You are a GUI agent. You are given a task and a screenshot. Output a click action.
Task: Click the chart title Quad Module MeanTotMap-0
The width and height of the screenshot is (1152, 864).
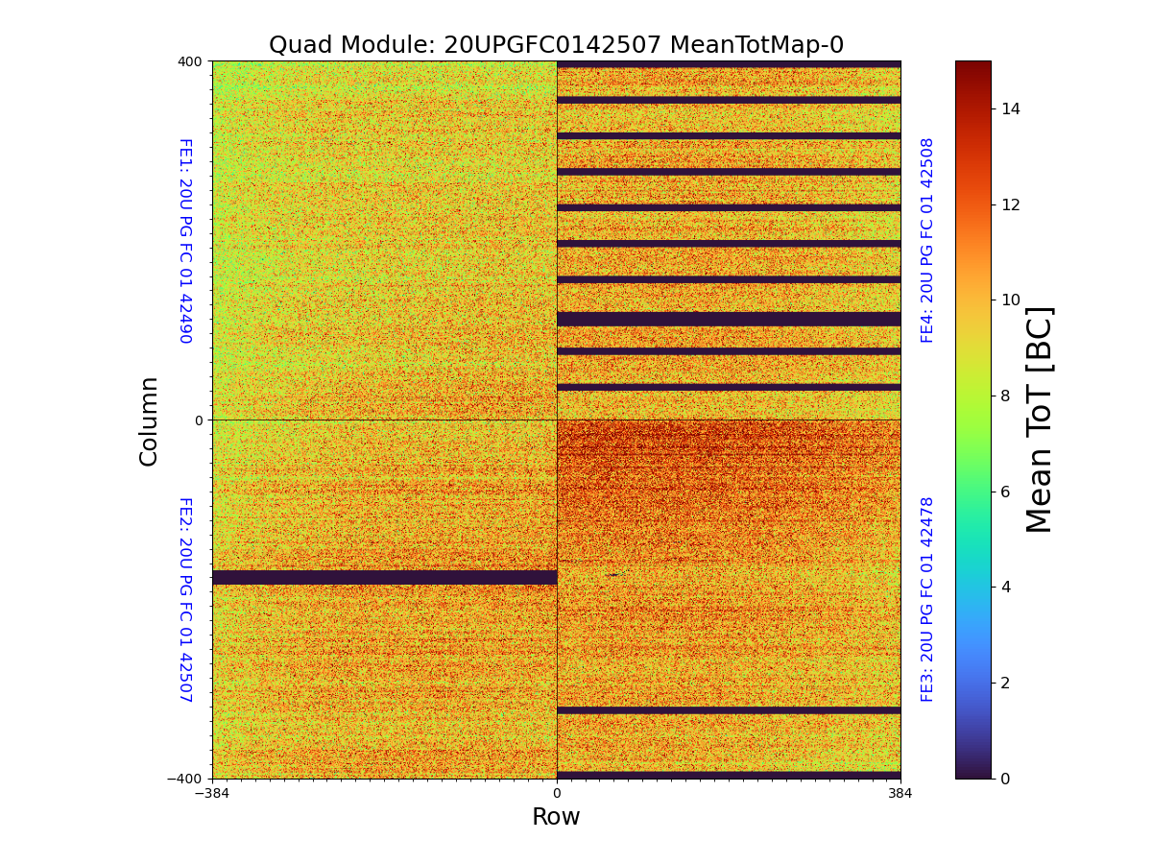tap(556, 45)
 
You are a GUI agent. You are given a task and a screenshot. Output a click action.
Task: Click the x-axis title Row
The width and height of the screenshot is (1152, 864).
tap(556, 817)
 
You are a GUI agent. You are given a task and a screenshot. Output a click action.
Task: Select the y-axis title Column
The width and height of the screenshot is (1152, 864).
tap(149, 420)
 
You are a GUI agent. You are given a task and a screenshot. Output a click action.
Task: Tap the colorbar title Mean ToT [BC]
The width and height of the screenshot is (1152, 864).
tap(1040, 420)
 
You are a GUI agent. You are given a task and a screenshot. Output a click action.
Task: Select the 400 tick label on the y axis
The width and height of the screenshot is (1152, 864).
tap(190, 61)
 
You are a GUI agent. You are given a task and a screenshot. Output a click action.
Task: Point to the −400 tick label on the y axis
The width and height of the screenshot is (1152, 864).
tap(186, 779)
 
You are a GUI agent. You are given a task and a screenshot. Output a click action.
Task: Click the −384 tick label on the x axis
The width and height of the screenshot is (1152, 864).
tap(212, 794)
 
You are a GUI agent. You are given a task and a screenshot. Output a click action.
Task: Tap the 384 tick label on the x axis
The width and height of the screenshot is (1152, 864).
tap(900, 794)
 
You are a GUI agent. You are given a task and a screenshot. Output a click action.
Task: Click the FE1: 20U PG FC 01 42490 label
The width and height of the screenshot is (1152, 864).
tap(185, 241)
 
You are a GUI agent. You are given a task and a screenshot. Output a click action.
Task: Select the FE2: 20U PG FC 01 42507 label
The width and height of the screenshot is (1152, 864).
tap(185, 599)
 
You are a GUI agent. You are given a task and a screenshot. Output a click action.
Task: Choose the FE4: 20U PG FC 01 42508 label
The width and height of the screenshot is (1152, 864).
tap(927, 240)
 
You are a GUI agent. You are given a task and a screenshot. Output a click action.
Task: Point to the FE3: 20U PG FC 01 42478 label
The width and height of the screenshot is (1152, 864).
tap(927, 599)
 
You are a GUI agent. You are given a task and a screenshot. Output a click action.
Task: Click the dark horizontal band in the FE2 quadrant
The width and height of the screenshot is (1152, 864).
tap(384, 577)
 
